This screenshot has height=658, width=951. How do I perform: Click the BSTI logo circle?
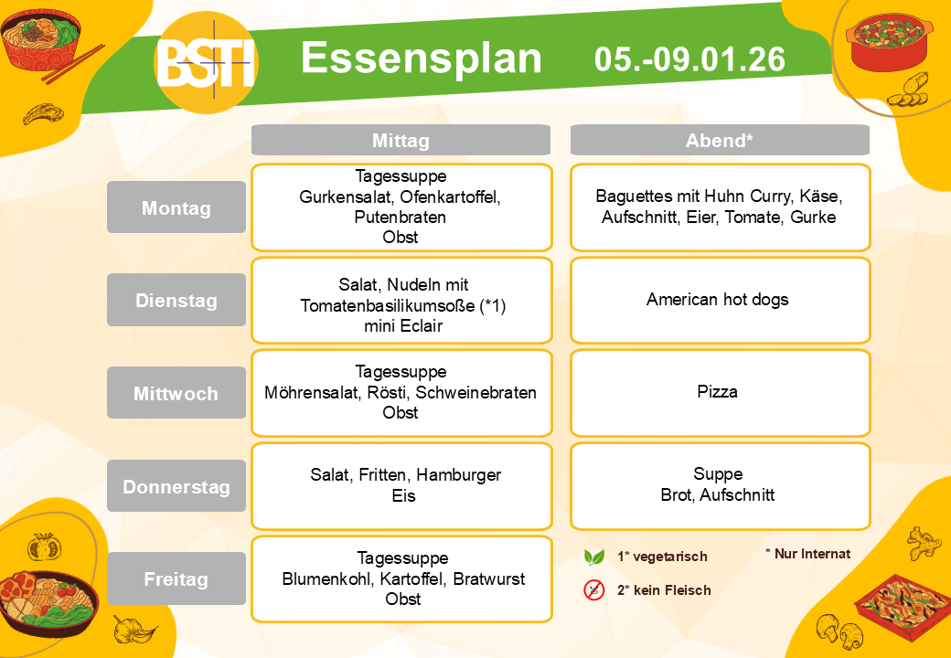[207, 62]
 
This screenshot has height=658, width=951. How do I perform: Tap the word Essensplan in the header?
[421, 59]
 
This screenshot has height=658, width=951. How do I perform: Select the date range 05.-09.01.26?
[689, 59]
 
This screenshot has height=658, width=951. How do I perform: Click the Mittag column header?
[401, 141]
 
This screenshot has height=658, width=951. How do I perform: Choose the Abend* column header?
[720, 141]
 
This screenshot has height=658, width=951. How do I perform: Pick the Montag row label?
[176, 207]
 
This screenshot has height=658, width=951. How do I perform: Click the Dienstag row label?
[176, 300]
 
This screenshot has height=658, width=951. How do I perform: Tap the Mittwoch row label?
[176, 393]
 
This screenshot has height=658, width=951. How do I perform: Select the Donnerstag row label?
[176, 486]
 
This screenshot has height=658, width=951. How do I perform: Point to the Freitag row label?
[176, 578]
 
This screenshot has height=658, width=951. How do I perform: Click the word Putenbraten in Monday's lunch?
[401, 217]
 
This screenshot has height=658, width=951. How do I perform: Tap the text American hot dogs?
[718, 300]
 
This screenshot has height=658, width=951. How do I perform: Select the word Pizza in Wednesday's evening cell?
[718, 391]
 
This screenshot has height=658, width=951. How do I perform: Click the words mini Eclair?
[403, 326]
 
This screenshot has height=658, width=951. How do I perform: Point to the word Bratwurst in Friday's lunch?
[489, 578]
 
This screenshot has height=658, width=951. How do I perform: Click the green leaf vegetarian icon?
[593, 557]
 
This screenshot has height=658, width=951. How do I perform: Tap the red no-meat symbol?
[594, 589]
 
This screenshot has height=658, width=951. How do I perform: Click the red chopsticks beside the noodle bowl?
[73, 64]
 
